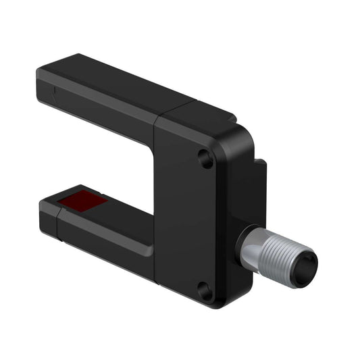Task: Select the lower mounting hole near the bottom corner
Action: [205, 291]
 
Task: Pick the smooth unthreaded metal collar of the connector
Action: [253, 247]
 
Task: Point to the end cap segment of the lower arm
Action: [51, 217]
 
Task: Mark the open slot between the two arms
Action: [101, 162]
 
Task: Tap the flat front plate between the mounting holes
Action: [196, 223]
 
